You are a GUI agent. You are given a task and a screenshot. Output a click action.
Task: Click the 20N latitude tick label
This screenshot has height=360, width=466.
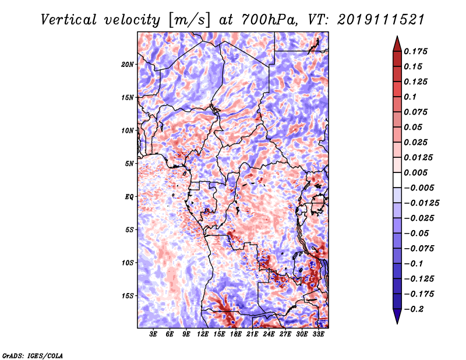point(127,65)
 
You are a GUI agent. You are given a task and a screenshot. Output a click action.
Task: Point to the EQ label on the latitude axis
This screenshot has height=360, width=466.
point(129,197)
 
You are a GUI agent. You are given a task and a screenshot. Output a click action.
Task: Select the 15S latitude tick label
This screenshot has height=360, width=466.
point(127,296)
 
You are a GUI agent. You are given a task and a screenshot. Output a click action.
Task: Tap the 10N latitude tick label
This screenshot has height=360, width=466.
point(127,130)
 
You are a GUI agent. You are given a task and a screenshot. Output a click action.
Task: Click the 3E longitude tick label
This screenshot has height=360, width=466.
point(153,334)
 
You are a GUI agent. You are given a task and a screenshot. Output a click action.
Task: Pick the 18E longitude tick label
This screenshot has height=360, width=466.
point(236,334)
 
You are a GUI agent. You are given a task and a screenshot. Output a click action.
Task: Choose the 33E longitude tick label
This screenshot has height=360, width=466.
point(318,334)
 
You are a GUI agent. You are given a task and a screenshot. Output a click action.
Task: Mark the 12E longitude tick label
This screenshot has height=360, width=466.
point(203,334)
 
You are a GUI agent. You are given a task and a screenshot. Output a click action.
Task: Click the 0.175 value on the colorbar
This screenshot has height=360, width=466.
point(415,51)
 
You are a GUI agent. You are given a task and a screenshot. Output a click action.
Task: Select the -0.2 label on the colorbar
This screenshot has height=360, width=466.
point(414,309)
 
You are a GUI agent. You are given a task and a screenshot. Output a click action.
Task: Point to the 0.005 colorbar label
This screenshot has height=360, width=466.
point(415,172)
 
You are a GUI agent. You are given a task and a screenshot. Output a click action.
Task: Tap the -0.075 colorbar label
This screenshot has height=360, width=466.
point(419,249)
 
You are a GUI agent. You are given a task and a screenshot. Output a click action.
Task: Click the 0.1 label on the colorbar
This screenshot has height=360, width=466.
point(410,97)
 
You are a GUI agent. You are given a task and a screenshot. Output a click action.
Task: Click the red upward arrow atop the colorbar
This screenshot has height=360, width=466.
point(397,44)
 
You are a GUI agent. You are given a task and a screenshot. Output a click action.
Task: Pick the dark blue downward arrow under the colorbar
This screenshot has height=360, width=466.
point(397,316)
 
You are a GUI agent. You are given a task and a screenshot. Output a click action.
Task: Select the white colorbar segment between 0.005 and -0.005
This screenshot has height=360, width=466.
point(397,180)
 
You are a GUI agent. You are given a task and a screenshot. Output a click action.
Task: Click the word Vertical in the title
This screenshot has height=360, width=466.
point(69,20)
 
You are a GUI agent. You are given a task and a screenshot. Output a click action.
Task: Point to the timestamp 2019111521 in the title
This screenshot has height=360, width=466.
point(381,20)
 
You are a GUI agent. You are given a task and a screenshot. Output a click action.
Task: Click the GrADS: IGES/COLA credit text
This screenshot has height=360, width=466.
point(33,355)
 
